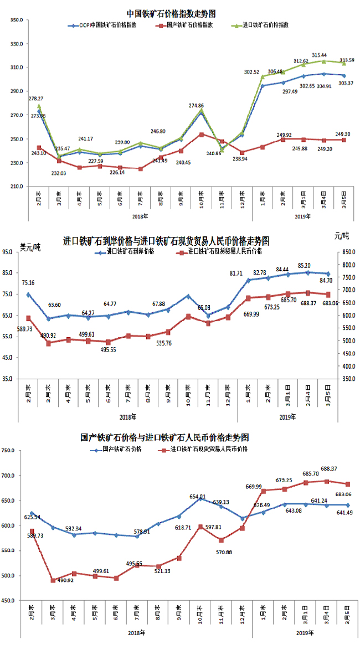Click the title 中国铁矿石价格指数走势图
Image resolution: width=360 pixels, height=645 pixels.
coord(171,13)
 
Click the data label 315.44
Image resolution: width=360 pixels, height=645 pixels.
coord(319,55)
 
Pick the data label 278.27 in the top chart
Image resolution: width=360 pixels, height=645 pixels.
coord(38,97)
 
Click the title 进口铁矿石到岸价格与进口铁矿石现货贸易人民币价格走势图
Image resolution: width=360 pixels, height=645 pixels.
coord(166,242)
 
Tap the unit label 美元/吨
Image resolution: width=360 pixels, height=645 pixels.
coord(31,247)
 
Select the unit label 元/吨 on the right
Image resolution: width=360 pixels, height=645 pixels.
coord(342,236)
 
